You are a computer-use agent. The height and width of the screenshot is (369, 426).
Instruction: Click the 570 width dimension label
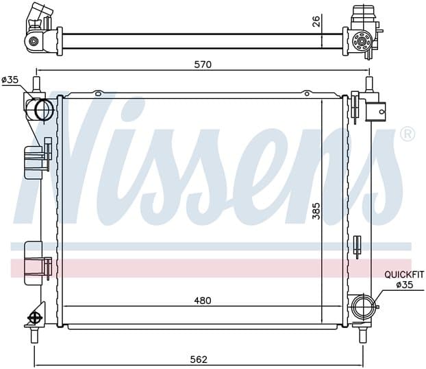(x=203, y=64)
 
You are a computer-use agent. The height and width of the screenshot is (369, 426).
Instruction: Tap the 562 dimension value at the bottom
(x=199, y=359)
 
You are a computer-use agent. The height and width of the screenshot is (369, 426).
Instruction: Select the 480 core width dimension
(x=203, y=300)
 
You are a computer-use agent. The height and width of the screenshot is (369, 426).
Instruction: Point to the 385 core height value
(x=316, y=211)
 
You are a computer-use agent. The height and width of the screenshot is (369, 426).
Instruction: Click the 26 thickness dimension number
(x=316, y=21)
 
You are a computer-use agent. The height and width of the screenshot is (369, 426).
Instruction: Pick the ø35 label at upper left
(x=10, y=80)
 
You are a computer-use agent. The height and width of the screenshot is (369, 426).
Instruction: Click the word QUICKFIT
(x=403, y=275)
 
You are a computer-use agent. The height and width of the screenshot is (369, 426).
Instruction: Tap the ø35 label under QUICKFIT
(x=404, y=285)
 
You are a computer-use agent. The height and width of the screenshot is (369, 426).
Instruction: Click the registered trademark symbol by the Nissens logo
(x=408, y=134)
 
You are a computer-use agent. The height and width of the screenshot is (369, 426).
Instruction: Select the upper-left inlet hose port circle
(x=44, y=110)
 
